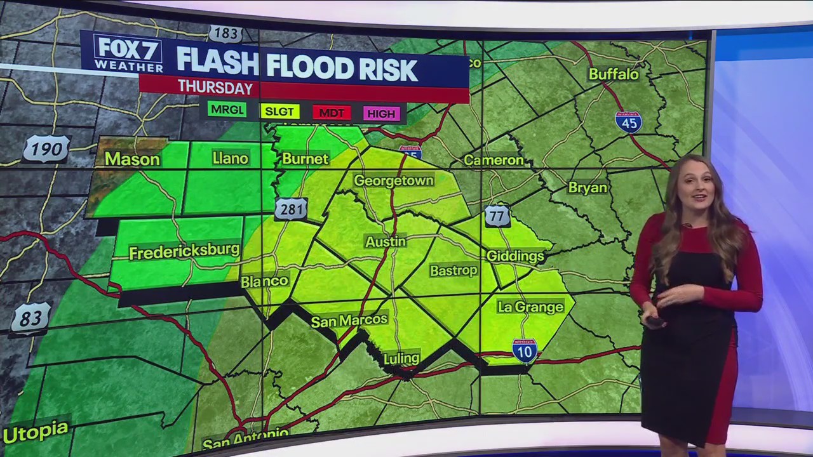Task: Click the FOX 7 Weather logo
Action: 128,53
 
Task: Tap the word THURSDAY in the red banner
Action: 215,87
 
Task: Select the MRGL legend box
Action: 227,110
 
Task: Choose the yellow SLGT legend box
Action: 279,112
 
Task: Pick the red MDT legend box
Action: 332,113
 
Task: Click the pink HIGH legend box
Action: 381,114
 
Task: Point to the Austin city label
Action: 385,242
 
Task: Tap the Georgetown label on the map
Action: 393,181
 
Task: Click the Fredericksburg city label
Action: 184,251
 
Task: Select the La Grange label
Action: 530,307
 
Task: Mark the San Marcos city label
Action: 349,321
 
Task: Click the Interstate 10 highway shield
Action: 525,350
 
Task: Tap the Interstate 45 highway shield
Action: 628,121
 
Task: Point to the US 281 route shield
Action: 291,209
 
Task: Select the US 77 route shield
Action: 497,216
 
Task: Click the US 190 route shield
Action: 46,150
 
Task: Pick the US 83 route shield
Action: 30,318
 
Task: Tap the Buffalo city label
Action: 614,74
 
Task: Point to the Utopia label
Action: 36,432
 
